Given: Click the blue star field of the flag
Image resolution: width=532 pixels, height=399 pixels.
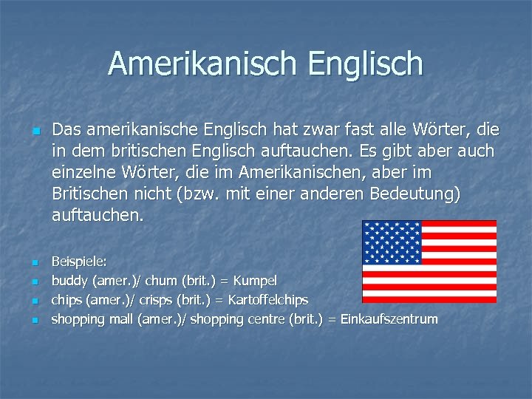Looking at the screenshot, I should (x=392, y=242).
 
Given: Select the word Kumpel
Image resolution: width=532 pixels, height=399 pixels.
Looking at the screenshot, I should (x=255, y=281).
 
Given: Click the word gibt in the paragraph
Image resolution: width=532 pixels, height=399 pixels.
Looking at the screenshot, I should (x=402, y=152).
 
